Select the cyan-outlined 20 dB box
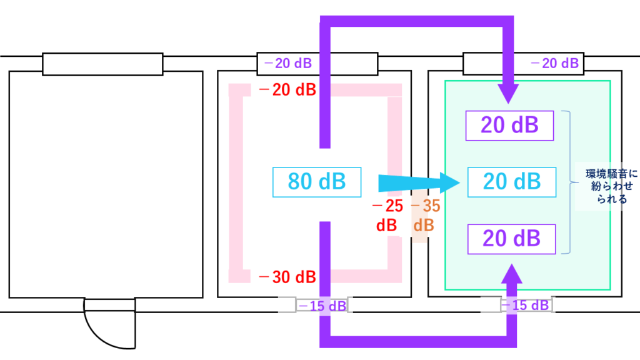(511, 181)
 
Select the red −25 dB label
(387, 216)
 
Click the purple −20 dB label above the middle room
(288, 63)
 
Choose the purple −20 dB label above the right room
(554, 63)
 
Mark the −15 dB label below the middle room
(321, 306)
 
